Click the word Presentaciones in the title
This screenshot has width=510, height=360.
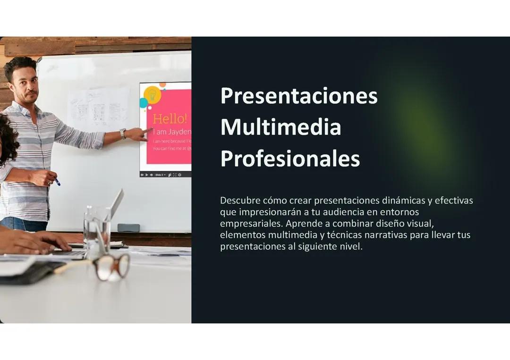[x=299, y=96]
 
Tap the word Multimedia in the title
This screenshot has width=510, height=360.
[x=280, y=127]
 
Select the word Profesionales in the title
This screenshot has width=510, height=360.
[x=290, y=159]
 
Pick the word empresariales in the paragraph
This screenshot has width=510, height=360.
[x=251, y=223]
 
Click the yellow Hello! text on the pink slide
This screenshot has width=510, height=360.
[x=170, y=118]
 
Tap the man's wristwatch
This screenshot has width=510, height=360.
[x=123, y=134]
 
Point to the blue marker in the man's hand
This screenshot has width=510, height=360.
[x=57, y=182]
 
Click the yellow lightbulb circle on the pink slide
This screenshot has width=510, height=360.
[x=152, y=94]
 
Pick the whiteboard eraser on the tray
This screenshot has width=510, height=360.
[x=128, y=227]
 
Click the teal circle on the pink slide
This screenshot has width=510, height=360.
[x=144, y=103]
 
